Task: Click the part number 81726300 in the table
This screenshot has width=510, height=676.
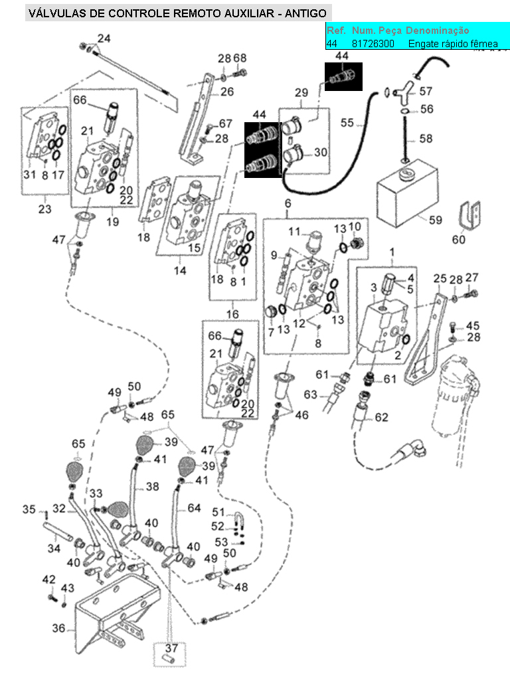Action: pyautogui.click(x=373, y=44)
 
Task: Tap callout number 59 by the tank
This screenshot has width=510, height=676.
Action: pyautogui.click(x=435, y=220)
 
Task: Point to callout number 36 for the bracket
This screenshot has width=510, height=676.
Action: pyautogui.click(x=58, y=628)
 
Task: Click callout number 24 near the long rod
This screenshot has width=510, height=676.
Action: pyautogui.click(x=104, y=39)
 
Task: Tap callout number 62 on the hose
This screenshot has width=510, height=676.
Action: pyautogui.click(x=381, y=418)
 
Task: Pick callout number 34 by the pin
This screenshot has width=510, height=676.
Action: pyautogui.click(x=53, y=549)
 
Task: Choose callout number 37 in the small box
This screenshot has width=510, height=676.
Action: pyautogui.click(x=171, y=649)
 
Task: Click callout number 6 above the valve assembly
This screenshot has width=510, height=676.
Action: pyautogui.click(x=288, y=203)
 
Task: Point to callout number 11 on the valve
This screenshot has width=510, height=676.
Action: pyautogui.click(x=294, y=230)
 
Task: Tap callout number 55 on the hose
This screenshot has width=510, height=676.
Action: pyautogui.click(x=347, y=123)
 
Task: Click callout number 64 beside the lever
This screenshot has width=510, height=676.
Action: pyautogui.click(x=194, y=508)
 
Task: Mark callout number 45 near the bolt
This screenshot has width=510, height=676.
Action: pyautogui.click(x=472, y=326)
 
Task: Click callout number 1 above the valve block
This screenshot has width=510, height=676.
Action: pyautogui.click(x=392, y=252)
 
